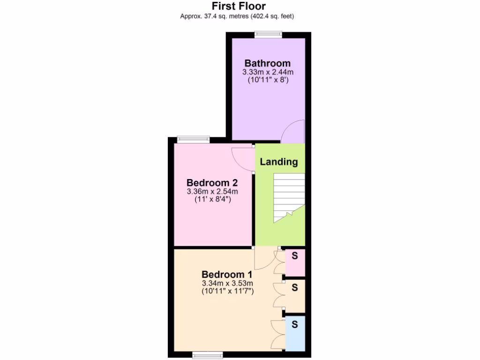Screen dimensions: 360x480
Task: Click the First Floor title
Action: click(x=239, y=6)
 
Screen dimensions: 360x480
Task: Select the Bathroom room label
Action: click(x=267, y=63)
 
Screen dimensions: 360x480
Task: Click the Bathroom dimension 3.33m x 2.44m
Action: click(x=268, y=72)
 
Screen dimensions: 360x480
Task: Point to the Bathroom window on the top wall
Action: click(x=269, y=34)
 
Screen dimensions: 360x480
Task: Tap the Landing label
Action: click(x=279, y=162)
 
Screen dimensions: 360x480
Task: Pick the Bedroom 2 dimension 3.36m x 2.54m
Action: click(x=212, y=191)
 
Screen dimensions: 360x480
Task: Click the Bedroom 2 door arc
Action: click(x=243, y=159)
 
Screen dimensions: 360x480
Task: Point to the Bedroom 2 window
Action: click(x=193, y=139)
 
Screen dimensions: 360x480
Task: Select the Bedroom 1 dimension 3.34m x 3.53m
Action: click(x=227, y=283)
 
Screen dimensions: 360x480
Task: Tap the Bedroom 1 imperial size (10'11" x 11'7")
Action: click(x=227, y=291)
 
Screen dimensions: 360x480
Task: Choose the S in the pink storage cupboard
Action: click(x=295, y=256)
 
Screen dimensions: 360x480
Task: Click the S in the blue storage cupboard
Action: click(x=295, y=324)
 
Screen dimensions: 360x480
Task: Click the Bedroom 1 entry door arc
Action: click(x=263, y=259)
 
